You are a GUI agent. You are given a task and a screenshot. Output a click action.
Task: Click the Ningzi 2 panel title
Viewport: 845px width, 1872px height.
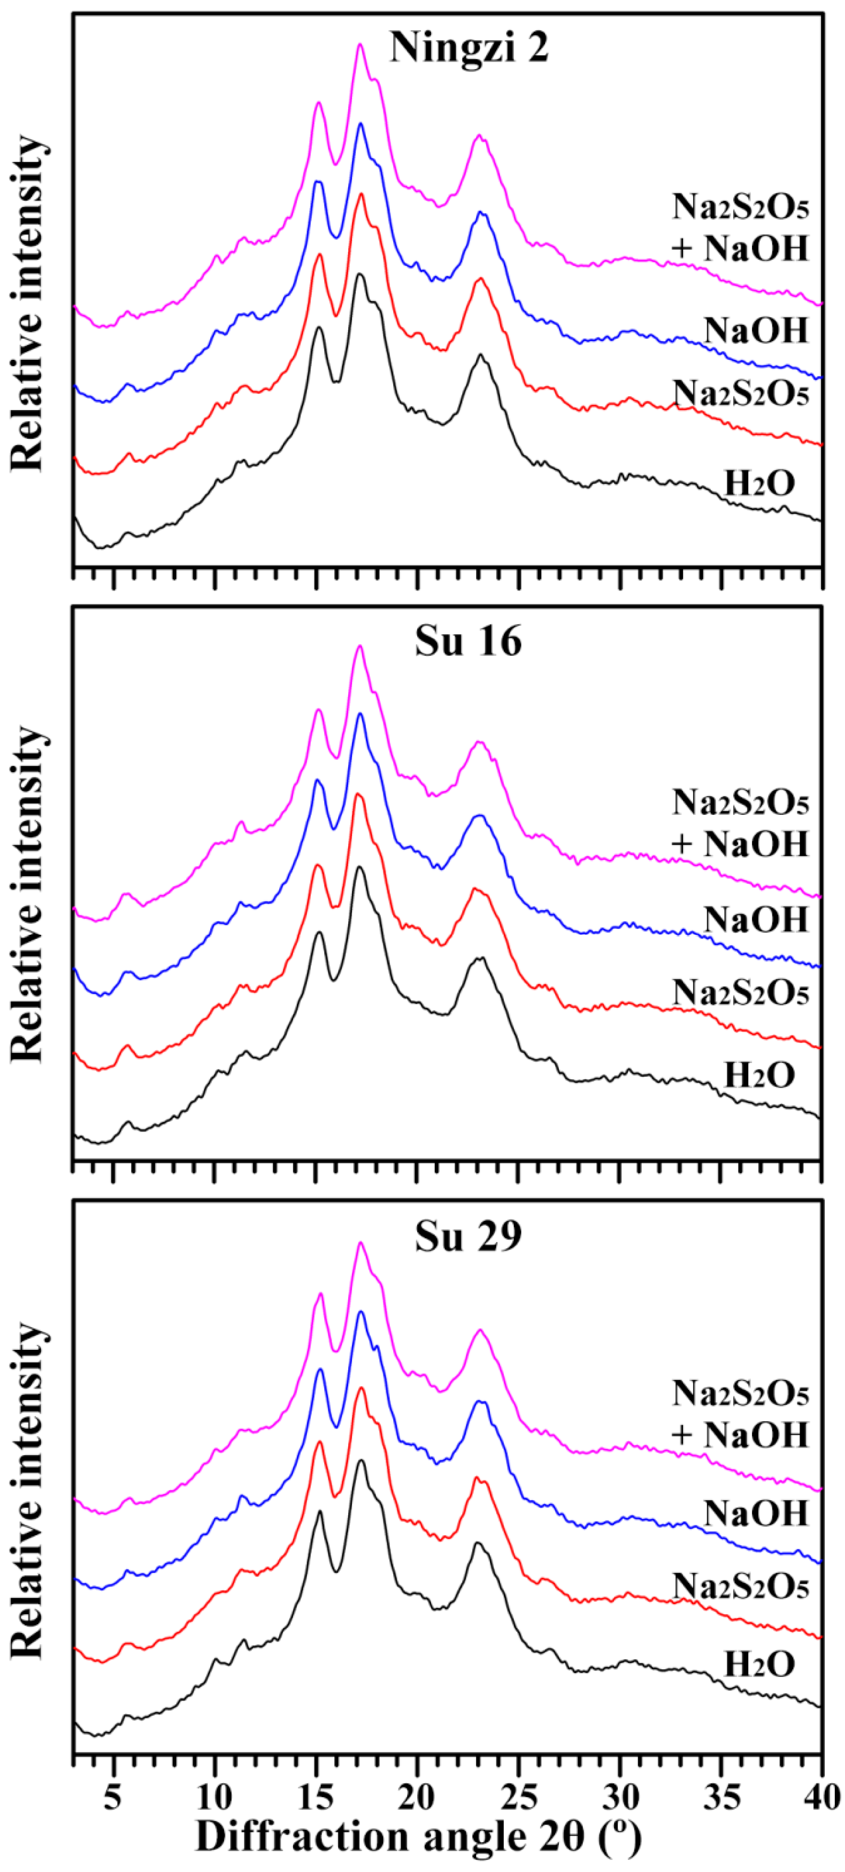click(469, 48)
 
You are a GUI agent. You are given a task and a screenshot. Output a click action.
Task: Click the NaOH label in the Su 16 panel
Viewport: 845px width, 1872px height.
click(756, 920)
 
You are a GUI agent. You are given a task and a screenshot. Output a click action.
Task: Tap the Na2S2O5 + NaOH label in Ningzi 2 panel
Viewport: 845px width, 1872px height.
click(740, 228)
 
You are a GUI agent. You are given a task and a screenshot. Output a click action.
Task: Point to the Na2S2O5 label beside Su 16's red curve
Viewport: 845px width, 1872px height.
click(740, 993)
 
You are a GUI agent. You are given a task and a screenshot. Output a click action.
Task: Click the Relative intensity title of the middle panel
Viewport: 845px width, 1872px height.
click(28, 894)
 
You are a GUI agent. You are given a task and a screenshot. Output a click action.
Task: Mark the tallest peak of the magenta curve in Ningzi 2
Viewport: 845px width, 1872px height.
click(359, 45)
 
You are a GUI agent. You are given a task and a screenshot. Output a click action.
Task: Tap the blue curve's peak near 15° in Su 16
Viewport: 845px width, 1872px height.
click(317, 780)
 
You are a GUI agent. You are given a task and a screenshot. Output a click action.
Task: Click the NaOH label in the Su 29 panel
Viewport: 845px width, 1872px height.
click(756, 1514)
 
